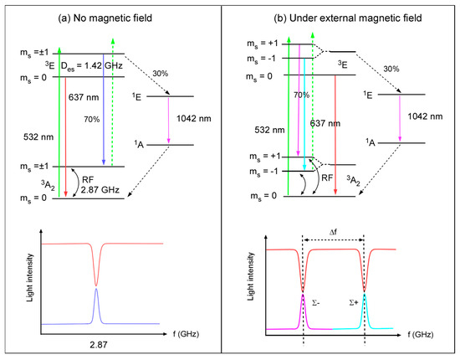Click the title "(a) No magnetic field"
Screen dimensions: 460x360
click(105, 18)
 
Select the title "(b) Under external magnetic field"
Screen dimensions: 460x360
click(348, 18)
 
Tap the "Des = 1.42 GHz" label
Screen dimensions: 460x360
click(91, 66)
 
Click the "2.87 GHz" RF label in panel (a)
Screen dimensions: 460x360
click(100, 190)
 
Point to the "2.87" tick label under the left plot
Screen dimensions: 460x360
click(99, 344)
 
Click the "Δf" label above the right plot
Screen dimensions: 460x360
click(333, 232)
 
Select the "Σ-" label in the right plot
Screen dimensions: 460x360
click(315, 303)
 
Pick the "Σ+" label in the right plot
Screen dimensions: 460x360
click(354, 303)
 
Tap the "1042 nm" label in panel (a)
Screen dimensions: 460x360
click(194, 119)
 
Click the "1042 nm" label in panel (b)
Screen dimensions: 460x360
click(425, 116)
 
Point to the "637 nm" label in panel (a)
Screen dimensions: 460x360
click(84, 97)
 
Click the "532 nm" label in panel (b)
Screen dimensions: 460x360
click(269, 130)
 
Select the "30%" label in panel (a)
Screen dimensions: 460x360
click(161, 74)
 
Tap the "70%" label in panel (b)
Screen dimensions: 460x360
click(302, 95)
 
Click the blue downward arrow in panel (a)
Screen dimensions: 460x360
click(103, 109)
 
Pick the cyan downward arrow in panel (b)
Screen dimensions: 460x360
click(304, 114)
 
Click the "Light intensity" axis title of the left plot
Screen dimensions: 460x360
click(29, 278)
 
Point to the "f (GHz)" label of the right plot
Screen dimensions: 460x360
click(421, 334)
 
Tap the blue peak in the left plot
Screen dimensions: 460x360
click(96, 306)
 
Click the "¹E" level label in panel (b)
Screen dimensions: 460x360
click(368, 95)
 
